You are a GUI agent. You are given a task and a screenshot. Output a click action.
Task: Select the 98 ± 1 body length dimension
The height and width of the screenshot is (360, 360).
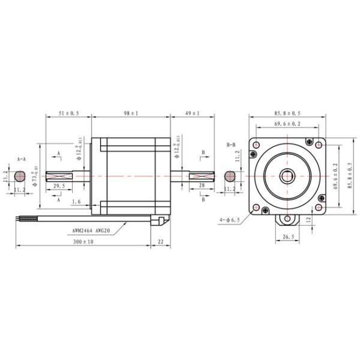click(x=130, y=113)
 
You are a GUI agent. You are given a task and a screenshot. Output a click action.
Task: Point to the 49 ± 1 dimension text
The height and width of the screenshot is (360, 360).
click(x=192, y=113)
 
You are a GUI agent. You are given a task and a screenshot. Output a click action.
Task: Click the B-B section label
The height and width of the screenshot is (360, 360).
click(x=231, y=145)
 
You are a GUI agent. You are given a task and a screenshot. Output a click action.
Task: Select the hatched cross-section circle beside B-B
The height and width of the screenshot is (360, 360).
click(x=230, y=176)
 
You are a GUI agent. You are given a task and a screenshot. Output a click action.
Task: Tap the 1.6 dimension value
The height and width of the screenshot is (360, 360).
click(x=76, y=202)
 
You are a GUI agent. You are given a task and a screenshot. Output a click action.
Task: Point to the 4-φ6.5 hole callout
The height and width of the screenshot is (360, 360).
click(x=230, y=220)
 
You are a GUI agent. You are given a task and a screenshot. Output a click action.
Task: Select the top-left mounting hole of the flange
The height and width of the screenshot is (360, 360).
click(x=257, y=145)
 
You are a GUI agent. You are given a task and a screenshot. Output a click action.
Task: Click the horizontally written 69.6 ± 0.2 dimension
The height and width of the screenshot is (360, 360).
click(x=288, y=124)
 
